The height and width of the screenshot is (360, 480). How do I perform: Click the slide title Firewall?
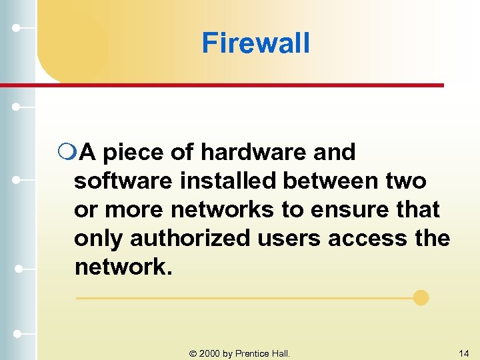pyautogui.click(x=255, y=43)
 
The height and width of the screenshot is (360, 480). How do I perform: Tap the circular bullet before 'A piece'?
pyautogui.click(x=66, y=153)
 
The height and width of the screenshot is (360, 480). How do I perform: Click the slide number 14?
pyautogui.click(x=463, y=352)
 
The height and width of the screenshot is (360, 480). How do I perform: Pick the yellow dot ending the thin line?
pyautogui.click(x=421, y=297)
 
